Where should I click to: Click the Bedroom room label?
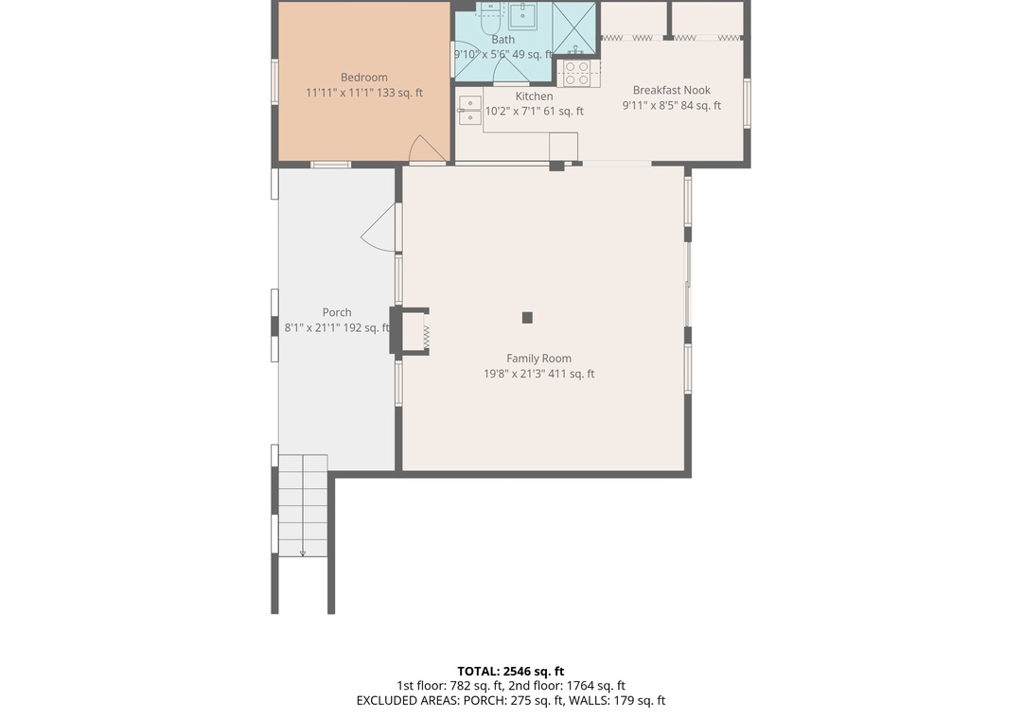[363, 77]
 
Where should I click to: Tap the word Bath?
[502, 40]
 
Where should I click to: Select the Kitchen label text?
[534, 96]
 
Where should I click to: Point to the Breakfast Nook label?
[671, 90]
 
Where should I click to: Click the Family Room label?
[538, 359]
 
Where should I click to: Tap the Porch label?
[336, 313]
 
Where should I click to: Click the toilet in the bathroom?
[489, 17]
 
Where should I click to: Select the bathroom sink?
[522, 15]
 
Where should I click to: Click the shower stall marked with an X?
[573, 28]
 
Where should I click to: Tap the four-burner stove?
[578, 73]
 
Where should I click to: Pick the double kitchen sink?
[469, 111]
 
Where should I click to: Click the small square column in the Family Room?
[527, 318]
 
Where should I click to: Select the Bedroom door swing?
[426, 149]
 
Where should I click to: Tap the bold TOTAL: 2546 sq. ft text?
[510, 672]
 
